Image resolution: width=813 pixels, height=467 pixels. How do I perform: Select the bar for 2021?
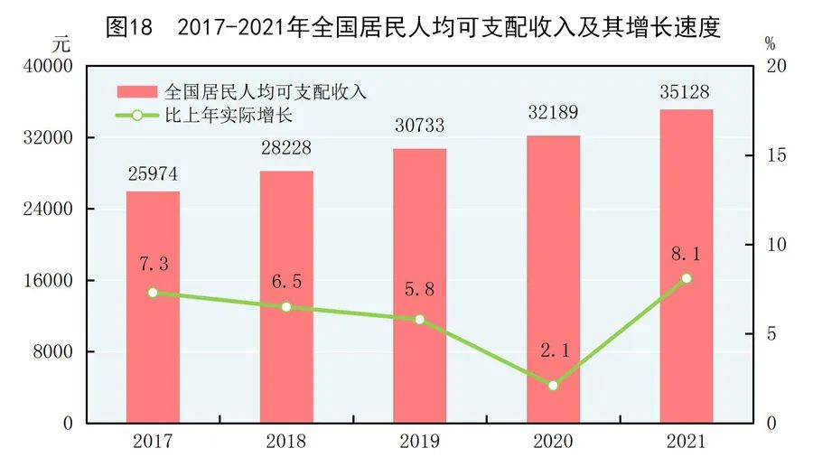(x=687, y=266)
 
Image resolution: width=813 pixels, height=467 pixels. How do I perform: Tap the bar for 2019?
(x=419, y=285)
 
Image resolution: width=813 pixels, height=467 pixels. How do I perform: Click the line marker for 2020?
(x=554, y=386)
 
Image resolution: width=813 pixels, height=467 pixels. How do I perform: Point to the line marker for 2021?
(x=687, y=278)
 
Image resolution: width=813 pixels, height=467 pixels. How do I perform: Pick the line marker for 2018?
(x=286, y=307)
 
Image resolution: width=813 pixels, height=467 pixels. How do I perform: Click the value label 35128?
(x=687, y=93)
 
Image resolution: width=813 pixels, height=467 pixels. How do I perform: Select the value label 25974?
(x=152, y=175)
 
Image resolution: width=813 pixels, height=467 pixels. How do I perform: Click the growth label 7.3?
(x=154, y=264)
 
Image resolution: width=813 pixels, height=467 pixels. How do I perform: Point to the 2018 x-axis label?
(x=286, y=442)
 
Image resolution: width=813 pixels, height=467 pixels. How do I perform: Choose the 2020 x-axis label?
(x=554, y=442)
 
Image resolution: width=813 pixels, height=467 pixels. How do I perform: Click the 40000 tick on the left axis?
(x=52, y=67)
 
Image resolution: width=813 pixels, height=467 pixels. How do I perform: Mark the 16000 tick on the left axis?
(x=52, y=281)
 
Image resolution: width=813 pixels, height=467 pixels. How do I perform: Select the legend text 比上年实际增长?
(x=217, y=116)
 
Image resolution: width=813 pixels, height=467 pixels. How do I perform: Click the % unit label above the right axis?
(x=770, y=42)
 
